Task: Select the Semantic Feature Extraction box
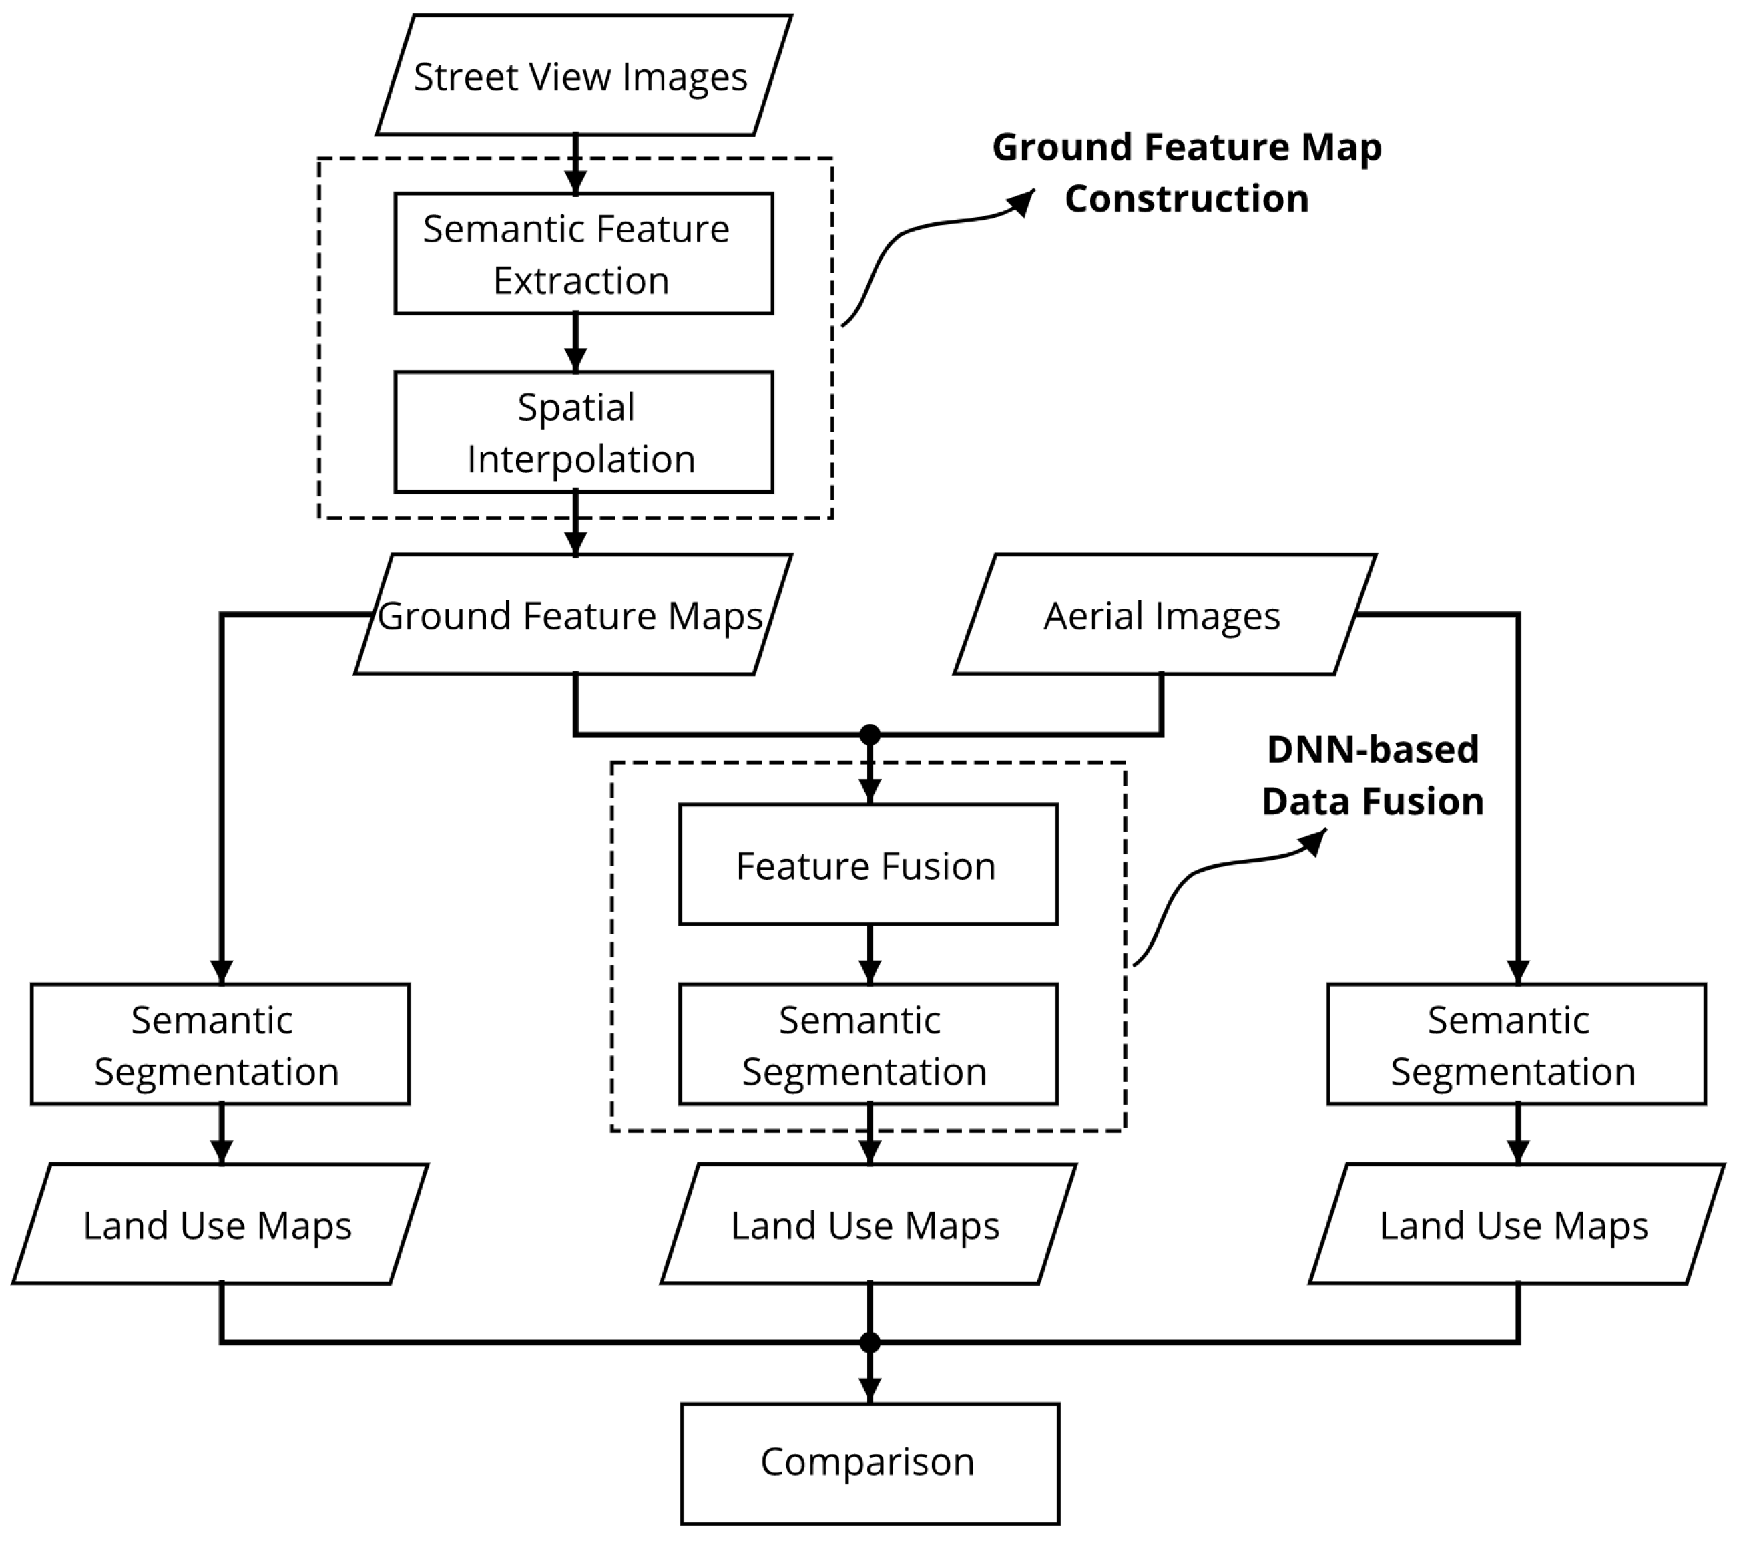click(x=583, y=254)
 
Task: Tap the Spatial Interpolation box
click(x=583, y=432)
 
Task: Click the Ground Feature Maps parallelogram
click(x=572, y=615)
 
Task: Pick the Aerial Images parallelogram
click(x=1164, y=615)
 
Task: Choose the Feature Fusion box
click(x=868, y=865)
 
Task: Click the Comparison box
click(x=870, y=1464)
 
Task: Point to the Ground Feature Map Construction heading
click(x=1186, y=173)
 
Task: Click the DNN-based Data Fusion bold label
click(x=1373, y=776)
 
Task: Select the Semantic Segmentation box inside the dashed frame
click(x=868, y=1045)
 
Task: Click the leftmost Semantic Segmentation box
click(x=220, y=1045)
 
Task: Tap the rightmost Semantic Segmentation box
click(x=1516, y=1045)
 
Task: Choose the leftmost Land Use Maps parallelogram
click(x=220, y=1224)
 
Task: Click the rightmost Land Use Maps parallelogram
click(x=1516, y=1224)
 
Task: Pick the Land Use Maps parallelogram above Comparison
click(x=868, y=1224)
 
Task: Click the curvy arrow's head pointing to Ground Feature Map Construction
click(x=1023, y=201)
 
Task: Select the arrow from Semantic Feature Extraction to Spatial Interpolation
click(x=576, y=343)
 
